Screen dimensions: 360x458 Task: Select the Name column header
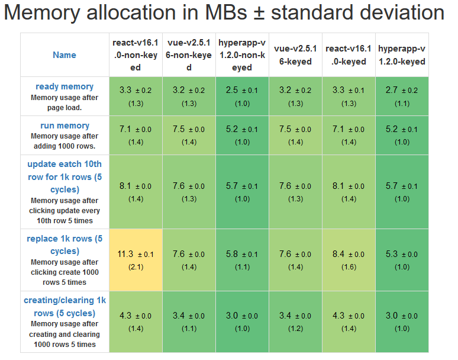[64, 55]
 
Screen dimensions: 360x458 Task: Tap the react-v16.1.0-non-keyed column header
[136, 55]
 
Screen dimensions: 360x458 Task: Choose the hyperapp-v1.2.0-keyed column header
[402, 55]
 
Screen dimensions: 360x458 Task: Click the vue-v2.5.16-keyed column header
[295, 55]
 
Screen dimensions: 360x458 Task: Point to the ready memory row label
[64, 86]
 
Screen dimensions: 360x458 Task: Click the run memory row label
[64, 126]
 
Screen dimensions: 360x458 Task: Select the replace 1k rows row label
[64, 245]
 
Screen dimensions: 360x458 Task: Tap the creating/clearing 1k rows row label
[64, 306]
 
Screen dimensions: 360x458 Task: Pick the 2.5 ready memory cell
[242, 96]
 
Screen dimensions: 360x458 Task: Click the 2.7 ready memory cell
[402, 96]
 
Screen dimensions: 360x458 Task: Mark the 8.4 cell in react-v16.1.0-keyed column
[349, 260]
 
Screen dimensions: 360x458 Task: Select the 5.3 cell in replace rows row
[402, 260]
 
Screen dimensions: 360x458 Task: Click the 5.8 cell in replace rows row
[242, 260]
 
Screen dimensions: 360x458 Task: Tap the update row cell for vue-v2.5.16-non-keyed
[189, 192]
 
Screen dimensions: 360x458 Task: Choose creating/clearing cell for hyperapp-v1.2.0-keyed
[402, 322]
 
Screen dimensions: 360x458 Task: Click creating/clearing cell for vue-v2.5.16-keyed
[295, 322]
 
